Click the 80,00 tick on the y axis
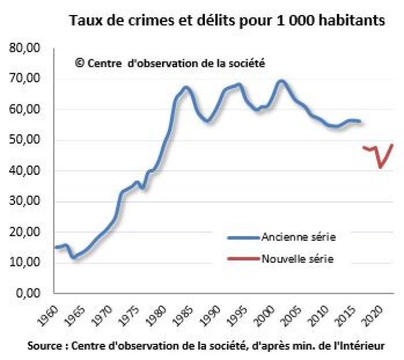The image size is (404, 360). (25, 48)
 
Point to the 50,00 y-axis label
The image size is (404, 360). (25, 140)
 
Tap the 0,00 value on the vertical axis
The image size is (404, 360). (28, 293)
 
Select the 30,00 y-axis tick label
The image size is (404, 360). (25, 201)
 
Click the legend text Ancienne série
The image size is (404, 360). (298, 237)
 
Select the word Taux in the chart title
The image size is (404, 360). (84, 22)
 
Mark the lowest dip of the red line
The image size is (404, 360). (380, 167)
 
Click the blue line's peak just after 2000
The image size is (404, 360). (282, 81)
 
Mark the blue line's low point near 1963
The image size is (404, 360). (73, 257)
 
